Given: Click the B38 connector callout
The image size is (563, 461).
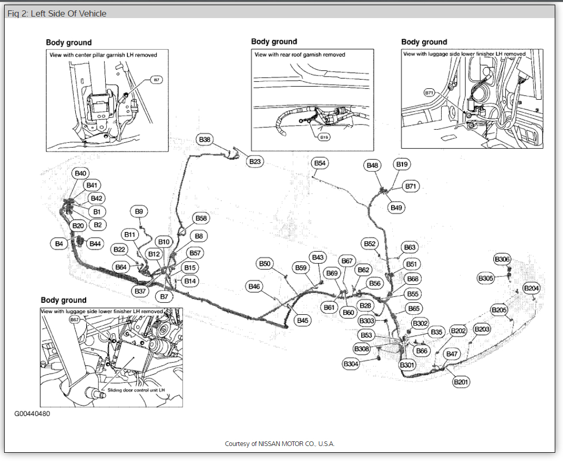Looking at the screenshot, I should point(205,140).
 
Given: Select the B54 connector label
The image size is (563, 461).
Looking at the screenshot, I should point(320,163).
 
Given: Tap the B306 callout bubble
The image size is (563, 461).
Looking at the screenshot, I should point(502,259).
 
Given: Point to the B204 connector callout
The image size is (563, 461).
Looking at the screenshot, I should point(532,288).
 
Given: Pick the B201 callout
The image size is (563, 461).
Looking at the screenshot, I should point(461,382).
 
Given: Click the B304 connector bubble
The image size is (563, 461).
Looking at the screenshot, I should point(351,364).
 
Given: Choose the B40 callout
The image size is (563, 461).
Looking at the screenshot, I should point(81,173).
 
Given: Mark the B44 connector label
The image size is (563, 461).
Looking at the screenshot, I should point(95,243).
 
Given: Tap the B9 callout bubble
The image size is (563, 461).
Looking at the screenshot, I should point(139,211).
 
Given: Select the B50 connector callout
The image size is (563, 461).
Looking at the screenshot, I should point(265,264).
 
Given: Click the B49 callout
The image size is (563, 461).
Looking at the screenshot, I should point(396,207).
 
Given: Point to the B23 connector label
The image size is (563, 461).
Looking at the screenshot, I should point(255,162).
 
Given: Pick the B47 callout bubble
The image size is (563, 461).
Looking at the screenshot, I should point(452,354).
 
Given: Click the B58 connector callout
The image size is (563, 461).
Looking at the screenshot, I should point(201,219).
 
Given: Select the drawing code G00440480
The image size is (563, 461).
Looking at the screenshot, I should point(32,414).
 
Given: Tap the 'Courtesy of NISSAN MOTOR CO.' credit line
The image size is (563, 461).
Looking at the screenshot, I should point(280,443).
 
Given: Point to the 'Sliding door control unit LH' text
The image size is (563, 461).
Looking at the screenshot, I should point(133,390).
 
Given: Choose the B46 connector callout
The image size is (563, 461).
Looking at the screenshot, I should point(254,286).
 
